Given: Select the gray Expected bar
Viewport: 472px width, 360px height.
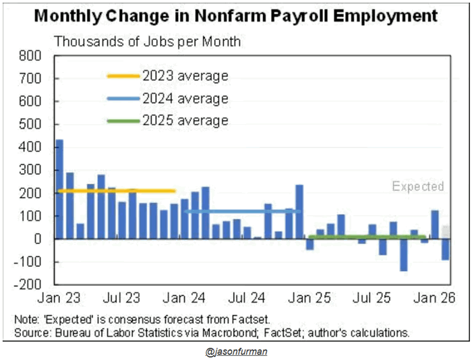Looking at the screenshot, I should click(x=446, y=232).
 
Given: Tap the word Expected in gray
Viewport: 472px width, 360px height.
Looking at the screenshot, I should click(x=418, y=186).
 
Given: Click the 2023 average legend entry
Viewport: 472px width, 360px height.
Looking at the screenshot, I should click(x=184, y=76).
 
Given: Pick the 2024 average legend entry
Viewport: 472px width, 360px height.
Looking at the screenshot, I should click(x=184, y=98).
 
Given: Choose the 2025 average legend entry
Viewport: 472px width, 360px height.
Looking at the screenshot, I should click(x=184, y=121).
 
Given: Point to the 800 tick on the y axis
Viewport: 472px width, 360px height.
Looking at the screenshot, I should click(x=32, y=56).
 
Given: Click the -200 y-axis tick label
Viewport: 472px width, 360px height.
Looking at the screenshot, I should click(x=30, y=284).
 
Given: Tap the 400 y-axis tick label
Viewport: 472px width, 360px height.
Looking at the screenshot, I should click(x=32, y=147).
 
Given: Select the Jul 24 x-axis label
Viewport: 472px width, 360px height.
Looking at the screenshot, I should click(x=245, y=297).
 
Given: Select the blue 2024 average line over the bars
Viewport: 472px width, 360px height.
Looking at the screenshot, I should click(x=243, y=211).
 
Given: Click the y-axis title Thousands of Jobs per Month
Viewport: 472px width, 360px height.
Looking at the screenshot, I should click(x=147, y=42).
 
